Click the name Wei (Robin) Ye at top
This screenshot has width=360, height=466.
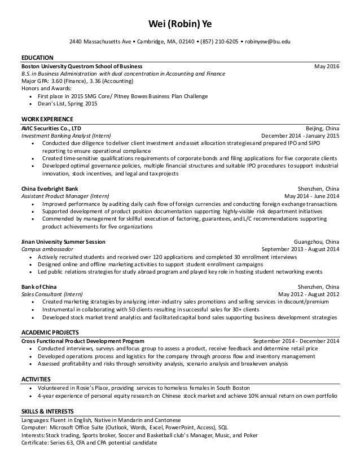coord(179,24)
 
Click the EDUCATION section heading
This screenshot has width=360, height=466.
coord(37,58)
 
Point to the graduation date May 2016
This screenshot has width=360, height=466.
coord(327,66)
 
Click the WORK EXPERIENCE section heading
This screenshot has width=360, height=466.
coord(47,120)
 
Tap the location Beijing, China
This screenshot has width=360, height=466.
coord(322,128)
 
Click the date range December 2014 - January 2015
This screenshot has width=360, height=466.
coord(300,136)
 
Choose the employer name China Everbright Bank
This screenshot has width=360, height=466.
coord(50,188)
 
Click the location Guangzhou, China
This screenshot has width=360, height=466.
coord(317,241)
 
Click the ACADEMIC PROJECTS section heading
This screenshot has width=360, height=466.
coord(50,333)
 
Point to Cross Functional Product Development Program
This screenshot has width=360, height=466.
coord(82,341)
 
